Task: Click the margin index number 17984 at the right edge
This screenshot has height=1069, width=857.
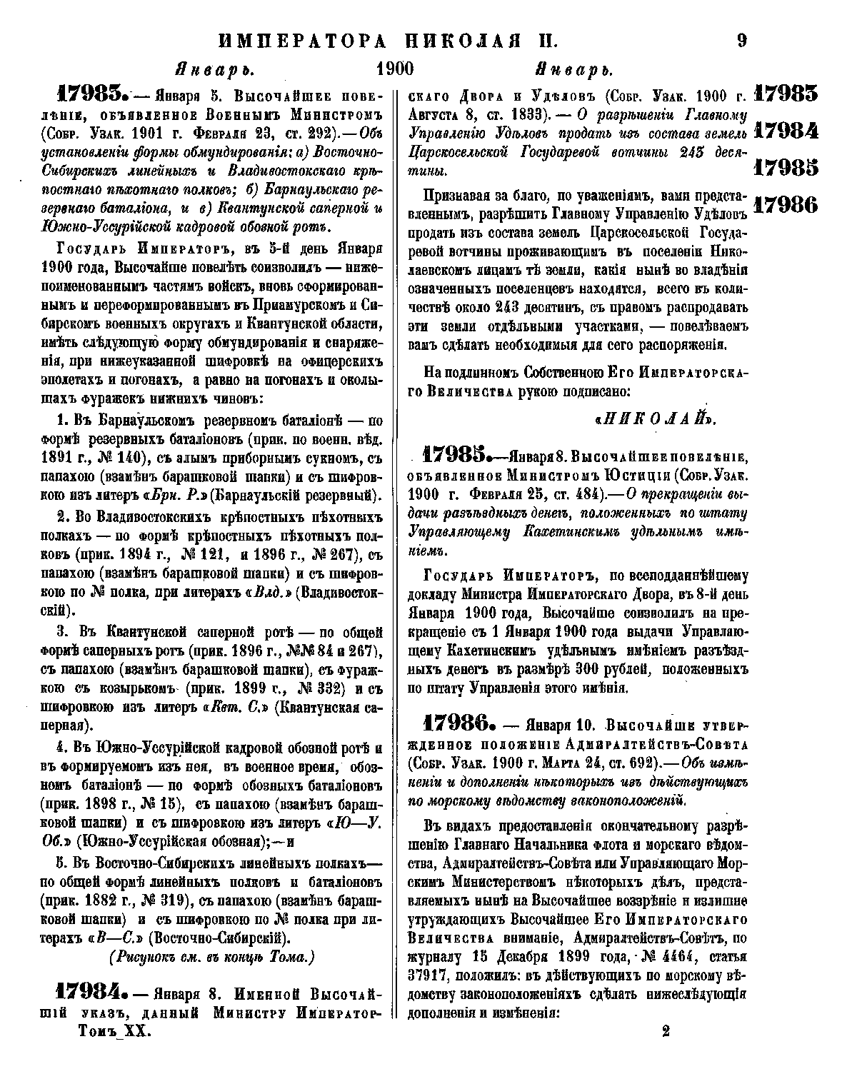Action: (786, 131)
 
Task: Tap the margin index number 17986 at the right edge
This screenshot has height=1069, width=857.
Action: (786, 205)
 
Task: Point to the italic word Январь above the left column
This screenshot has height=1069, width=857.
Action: (214, 71)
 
